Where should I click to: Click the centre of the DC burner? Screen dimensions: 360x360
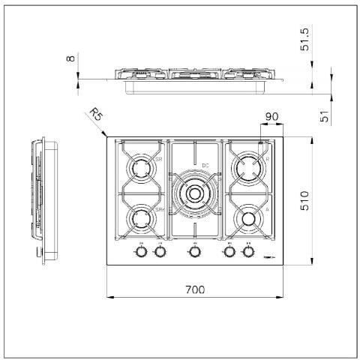pyautogui.click(x=194, y=193)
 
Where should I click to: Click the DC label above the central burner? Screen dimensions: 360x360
pyautogui.click(x=205, y=165)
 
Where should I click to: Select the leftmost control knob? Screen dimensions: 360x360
pyautogui.click(x=140, y=253)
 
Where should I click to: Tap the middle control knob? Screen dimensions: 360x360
pyautogui.click(x=194, y=253)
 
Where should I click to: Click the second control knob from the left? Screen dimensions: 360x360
pyautogui.click(x=159, y=253)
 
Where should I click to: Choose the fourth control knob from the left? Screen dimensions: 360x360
pyautogui.click(x=229, y=253)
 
